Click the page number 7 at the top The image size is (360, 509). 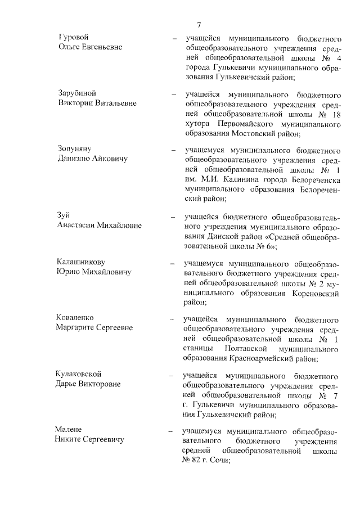coord(199,24)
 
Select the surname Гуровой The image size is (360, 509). coord(74,37)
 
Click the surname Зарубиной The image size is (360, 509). coord(79,93)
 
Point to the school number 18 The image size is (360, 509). coord(336,114)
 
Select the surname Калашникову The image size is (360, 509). coord(82,263)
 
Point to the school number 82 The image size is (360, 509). coord(197,461)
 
